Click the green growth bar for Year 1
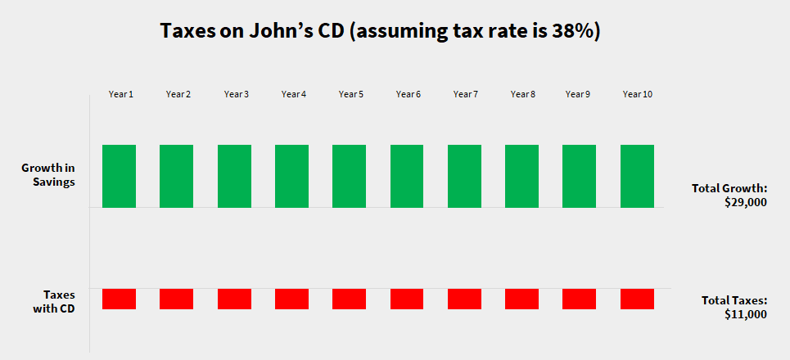[x=119, y=176]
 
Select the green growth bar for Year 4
[x=291, y=176]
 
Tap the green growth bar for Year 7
[x=464, y=176]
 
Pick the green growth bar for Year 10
[x=637, y=176]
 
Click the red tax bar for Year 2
[x=176, y=299]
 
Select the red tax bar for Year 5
[x=349, y=299]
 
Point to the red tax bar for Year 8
[x=521, y=299]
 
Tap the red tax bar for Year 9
[x=579, y=299]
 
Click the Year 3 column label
[x=236, y=94]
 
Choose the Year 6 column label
[x=408, y=94]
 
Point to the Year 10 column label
[x=637, y=94]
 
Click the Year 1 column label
[x=120, y=94]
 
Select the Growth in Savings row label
[x=48, y=175]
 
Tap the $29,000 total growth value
[x=745, y=202]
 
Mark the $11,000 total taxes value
[x=746, y=313]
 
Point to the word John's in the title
[x=283, y=33]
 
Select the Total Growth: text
[x=729, y=188]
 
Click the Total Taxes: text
[x=734, y=300]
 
